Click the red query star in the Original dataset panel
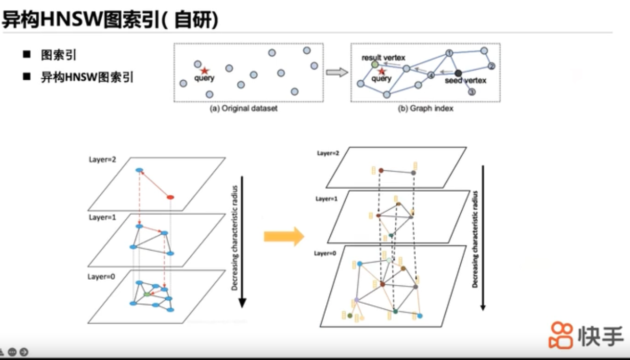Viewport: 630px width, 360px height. pyautogui.click(x=205, y=71)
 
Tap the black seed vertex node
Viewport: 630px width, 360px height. pyautogui.click(x=458, y=73)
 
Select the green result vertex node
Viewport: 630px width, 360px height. pyautogui.click(x=375, y=64)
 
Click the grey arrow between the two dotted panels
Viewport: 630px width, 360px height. pyautogui.click(x=337, y=72)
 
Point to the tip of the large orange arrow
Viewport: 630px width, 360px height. pyautogui.click(x=304, y=236)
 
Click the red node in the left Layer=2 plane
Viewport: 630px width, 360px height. pyautogui.click(x=170, y=197)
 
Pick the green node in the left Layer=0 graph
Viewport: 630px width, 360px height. pyautogui.click(x=147, y=294)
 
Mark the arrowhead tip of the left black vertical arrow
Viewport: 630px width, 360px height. pyautogui.click(x=242, y=308)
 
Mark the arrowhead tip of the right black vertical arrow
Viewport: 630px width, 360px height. pyautogui.click(x=483, y=310)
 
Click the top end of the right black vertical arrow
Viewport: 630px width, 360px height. pyautogui.click(x=483, y=166)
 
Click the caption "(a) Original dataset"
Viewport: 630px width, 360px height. pyautogui.click(x=243, y=108)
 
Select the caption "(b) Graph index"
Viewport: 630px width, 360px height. pyautogui.click(x=425, y=108)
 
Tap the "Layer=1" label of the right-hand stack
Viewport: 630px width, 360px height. pyautogui.click(x=326, y=199)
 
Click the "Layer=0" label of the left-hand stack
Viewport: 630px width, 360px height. pyautogui.click(x=101, y=277)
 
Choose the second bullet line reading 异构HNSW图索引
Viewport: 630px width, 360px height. pyautogui.click(x=87, y=77)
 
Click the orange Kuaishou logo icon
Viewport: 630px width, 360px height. pyautogui.click(x=561, y=335)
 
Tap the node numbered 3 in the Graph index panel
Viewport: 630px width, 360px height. pyautogui.click(x=472, y=92)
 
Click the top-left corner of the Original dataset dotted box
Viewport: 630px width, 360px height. pyautogui.click(x=174, y=43)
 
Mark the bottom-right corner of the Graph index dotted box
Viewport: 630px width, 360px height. pyautogui.click(x=500, y=102)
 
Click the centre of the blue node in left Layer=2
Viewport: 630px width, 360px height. pyautogui.click(x=139, y=170)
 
